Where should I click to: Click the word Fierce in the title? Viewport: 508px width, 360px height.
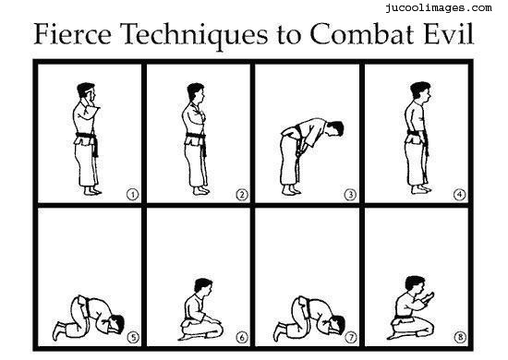click(73, 33)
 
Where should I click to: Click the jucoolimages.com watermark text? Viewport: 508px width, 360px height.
click(439, 7)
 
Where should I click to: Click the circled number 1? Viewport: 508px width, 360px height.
click(132, 195)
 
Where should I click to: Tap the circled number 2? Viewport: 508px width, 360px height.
click(242, 195)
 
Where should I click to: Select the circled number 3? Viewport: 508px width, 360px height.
click(350, 195)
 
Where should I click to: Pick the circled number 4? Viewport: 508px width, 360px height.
click(459, 195)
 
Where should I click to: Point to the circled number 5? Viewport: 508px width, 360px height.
click(133, 338)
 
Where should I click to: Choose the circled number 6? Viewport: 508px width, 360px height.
click(242, 338)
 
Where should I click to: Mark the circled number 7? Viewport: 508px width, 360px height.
click(351, 338)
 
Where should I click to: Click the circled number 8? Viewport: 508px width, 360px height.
click(460, 337)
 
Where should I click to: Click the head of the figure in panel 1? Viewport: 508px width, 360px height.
click(86, 92)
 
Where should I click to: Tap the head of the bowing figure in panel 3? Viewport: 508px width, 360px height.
click(334, 128)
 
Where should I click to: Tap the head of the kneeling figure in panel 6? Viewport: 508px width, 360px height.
click(203, 285)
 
